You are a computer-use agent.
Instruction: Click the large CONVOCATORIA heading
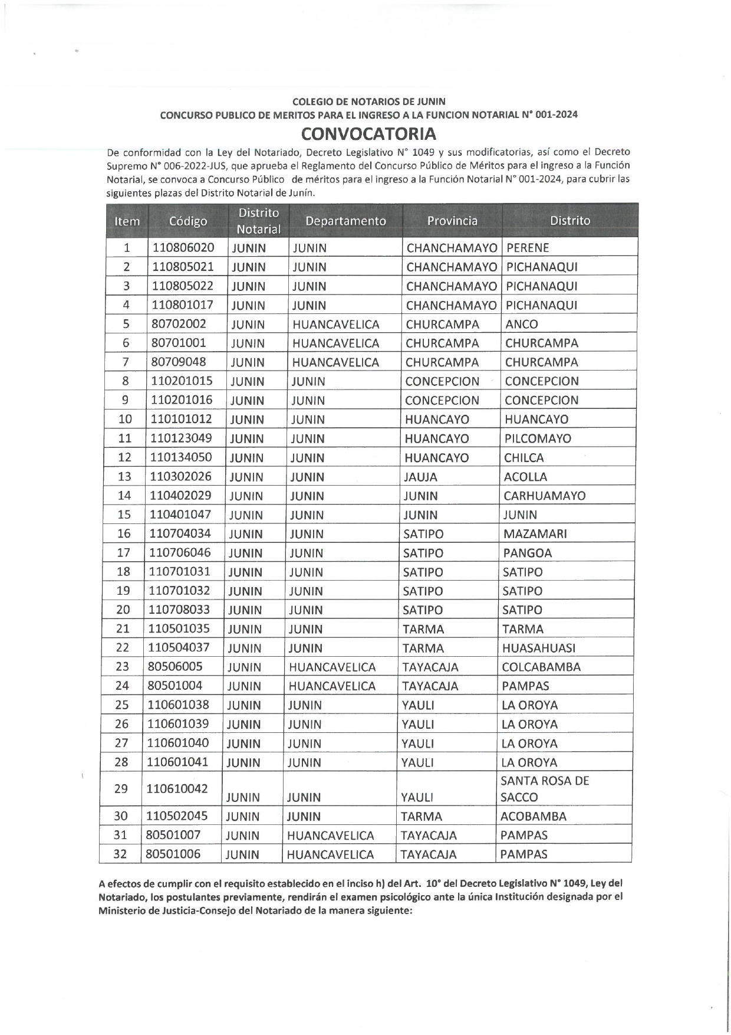pyautogui.click(x=369, y=133)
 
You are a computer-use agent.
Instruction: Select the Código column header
pyautogui.click(x=188, y=221)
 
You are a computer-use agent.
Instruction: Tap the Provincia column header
pyautogui.click(x=452, y=221)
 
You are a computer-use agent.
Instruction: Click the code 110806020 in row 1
pyautogui.click(x=183, y=248)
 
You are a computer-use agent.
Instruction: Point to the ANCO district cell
pyautogui.click(x=522, y=324)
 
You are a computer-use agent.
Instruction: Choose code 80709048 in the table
pyautogui.click(x=179, y=362)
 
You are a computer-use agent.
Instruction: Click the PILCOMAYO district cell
pyautogui.click(x=538, y=438)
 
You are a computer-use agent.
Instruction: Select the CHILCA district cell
pyautogui.click(x=524, y=457)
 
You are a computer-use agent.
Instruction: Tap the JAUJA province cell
pyautogui.click(x=420, y=477)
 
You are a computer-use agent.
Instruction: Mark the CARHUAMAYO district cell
pyautogui.click(x=545, y=496)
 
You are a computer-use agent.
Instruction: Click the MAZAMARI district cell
pyautogui.click(x=535, y=534)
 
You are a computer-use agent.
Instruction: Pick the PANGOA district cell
pyautogui.click(x=528, y=553)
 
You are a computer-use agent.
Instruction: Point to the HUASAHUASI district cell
pyautogui.click(x=539, y=648)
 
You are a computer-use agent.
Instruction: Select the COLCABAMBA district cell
pyautogui.click(x=541, y=667)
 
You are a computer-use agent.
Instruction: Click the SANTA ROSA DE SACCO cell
pyautogui.click(x=545, y=789)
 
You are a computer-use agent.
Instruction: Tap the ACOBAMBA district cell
pyautogui.click(x=534, y=817)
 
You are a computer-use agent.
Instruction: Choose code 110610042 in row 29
pyautogui.click(x=177, y=789)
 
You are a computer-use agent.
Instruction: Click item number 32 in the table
pyautogui.click(x=120, y=854)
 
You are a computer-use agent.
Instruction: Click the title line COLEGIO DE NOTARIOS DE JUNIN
pyautogui.click(x=369, y=101)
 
